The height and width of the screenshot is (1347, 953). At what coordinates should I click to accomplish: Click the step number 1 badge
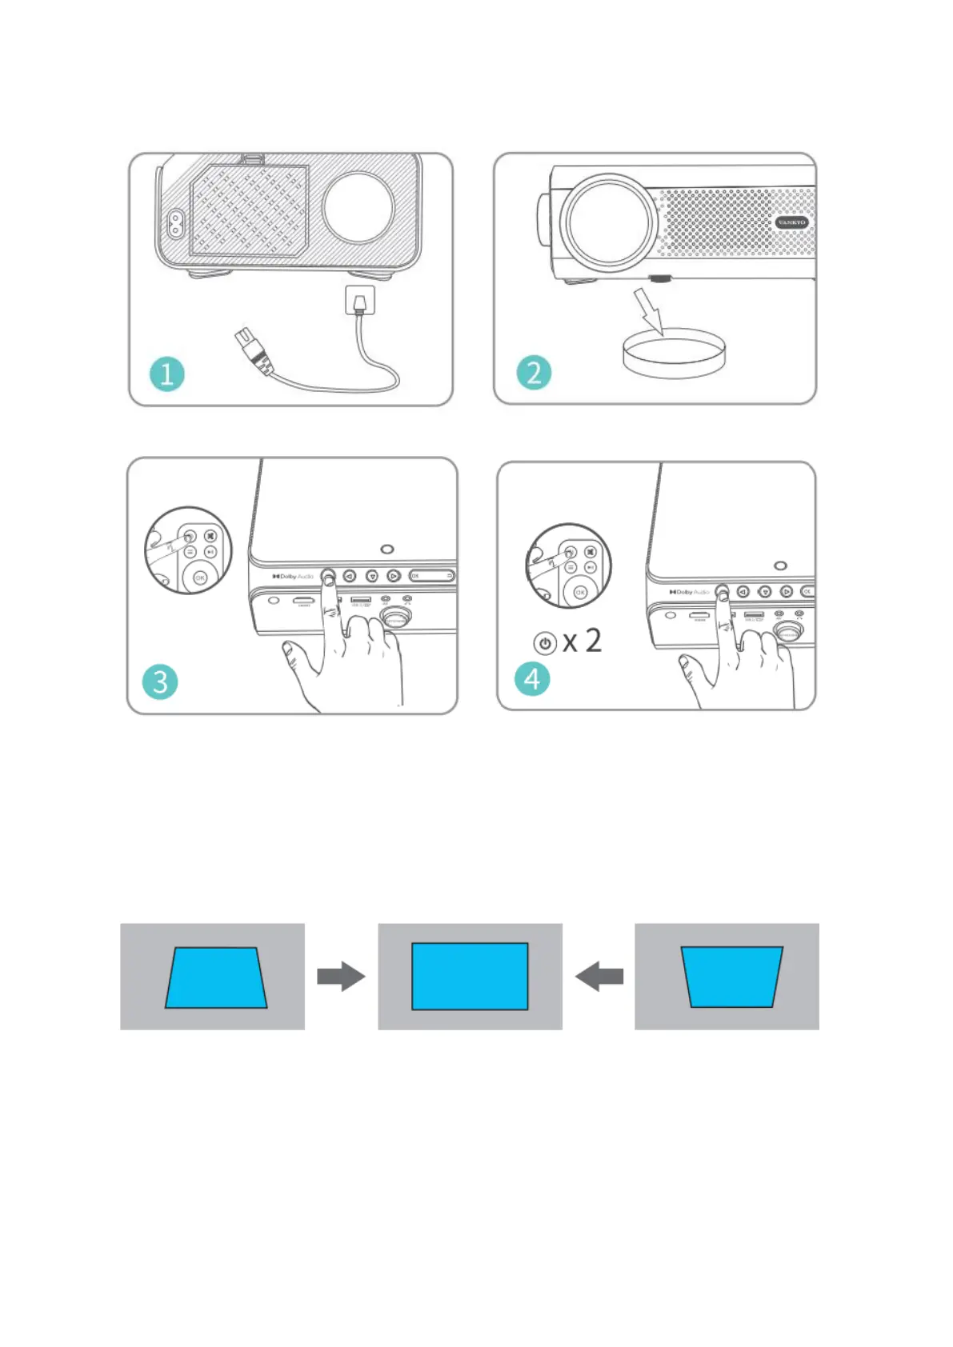coord(166,374)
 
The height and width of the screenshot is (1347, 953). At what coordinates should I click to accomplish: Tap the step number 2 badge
coord(534,372)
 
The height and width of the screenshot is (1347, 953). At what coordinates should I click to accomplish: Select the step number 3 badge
coord(160,681)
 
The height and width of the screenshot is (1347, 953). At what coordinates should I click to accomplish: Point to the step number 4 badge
coord(532,679)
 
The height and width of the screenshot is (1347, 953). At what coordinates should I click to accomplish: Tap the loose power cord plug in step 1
coord(251,350)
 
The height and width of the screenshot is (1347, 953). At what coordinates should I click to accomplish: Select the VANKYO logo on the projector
coord(791,222)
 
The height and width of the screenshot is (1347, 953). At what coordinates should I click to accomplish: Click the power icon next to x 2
coord(545,643)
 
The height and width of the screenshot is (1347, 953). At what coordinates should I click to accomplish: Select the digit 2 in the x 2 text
coord(593,641)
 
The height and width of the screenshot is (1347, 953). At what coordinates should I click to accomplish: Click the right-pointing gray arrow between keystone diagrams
coord(341,976)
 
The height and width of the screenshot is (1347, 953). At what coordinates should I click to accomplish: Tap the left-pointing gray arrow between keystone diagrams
coord(599,976)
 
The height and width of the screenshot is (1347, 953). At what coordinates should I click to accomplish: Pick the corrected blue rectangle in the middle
coord(470,976)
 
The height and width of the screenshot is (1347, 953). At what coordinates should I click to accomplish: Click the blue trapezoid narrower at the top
coord(215,977)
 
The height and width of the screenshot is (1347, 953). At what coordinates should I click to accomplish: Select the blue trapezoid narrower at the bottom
coord(731,977)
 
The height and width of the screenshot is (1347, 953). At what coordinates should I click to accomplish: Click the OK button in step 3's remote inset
coord(199,578)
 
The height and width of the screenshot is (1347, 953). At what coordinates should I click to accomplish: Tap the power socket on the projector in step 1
coord(174,224)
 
